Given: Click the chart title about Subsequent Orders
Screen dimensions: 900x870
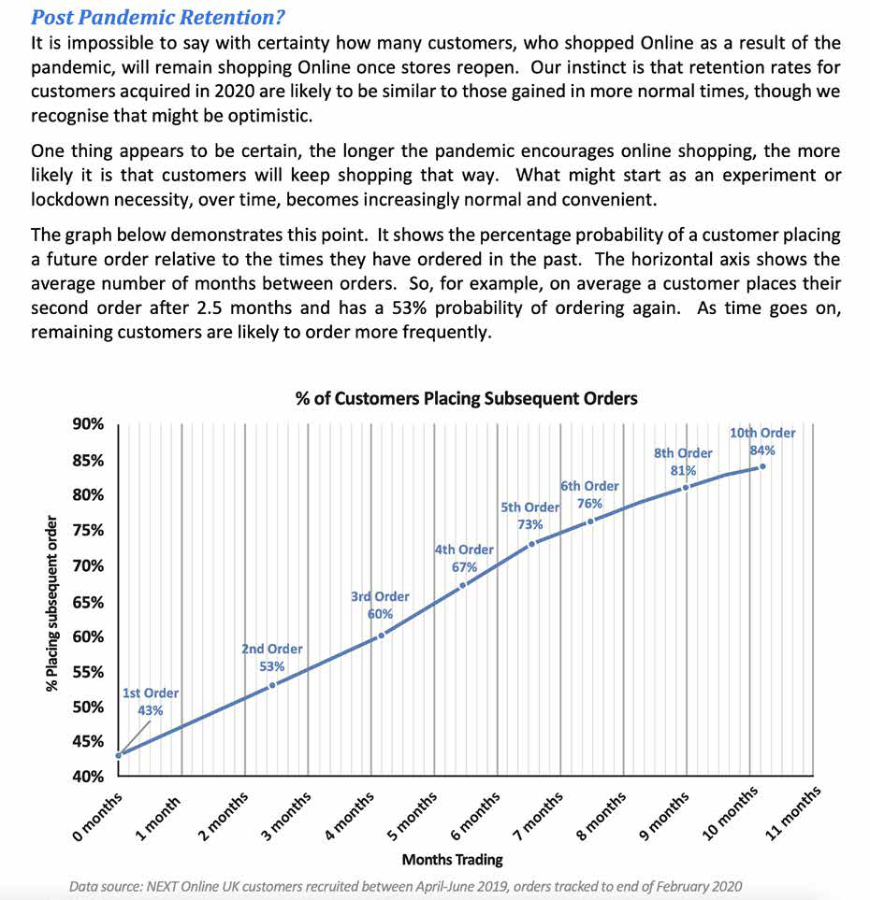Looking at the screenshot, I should coord(466,399).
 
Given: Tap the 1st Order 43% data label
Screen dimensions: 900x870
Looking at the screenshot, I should coord(150,702).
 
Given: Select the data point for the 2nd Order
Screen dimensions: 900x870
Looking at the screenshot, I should coord(272,685).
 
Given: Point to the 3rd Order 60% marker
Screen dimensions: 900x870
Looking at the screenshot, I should coord(380,636).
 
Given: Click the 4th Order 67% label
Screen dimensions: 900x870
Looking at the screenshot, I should coord(464,558).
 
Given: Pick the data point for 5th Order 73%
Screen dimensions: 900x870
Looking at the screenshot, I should coord(531,544).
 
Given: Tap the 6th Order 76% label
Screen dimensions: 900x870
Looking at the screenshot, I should coord(589,494).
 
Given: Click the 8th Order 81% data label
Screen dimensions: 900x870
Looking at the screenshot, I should coord(683,462).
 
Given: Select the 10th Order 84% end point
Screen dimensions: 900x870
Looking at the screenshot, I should coord(762,466).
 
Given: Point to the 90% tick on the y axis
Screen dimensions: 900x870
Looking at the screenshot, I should coord(88,424).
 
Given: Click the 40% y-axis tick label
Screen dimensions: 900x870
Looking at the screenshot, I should coord(88,777).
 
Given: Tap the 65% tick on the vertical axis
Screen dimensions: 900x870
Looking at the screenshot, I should coord(88,602).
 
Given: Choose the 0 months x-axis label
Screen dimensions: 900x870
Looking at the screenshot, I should coord(96,817).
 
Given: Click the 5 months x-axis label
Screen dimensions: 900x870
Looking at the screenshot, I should coord(412,817).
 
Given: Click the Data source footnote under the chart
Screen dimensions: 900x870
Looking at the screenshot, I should coord(404,886).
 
